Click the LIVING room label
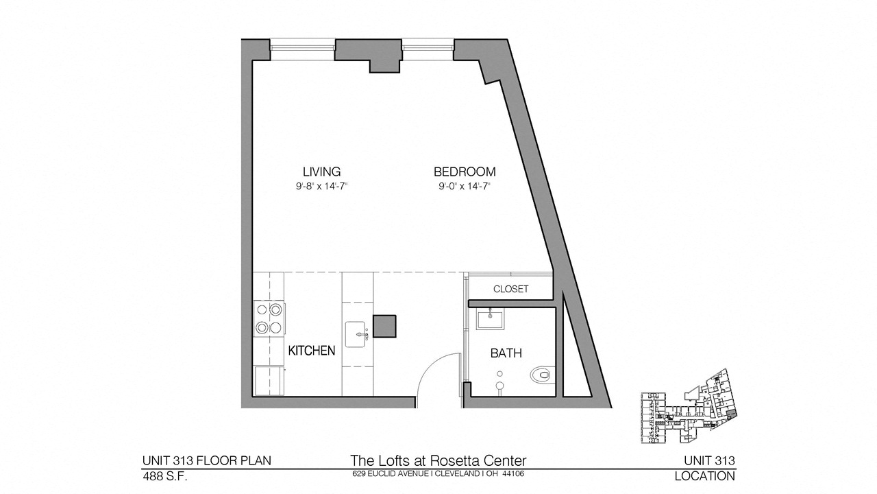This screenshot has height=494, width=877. (321, 172)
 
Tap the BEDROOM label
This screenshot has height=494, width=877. (465, 172)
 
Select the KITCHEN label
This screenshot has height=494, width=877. (312, 351)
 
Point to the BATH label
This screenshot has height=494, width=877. (506, 353)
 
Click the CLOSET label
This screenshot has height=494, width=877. (511, 289)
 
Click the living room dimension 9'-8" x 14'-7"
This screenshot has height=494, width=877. (322, 187)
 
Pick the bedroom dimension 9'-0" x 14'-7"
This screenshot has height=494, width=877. (465, 187)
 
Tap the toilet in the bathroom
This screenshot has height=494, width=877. (543, 375)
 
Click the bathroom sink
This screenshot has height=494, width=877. (490, 319)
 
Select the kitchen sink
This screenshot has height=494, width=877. (356, 334)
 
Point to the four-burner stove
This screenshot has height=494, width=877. (269, 318)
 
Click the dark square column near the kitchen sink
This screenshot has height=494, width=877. (384, 326)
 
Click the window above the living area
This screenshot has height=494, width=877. (303, 49)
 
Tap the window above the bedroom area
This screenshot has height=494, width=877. (428, 49)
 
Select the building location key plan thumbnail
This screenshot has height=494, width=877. (689, 406)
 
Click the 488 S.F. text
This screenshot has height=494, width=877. (165, 476)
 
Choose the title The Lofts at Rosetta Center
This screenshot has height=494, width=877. (438, 460)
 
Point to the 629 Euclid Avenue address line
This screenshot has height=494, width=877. (438, 473)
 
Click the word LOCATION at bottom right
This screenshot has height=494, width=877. (705, 476)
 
